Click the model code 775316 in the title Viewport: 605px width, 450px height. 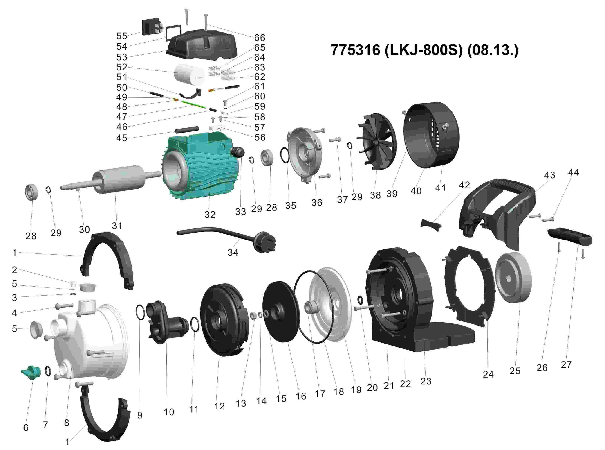(x=355, y=50)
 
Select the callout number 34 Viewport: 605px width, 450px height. (x=233, y=253)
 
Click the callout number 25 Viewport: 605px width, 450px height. (x=515, y=371)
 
